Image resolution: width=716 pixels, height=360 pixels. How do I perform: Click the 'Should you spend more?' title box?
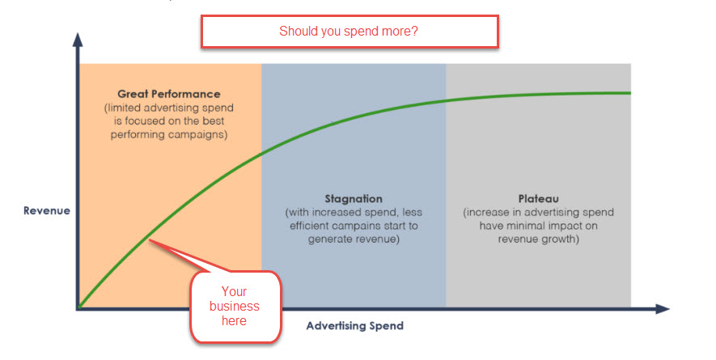pos(350,32)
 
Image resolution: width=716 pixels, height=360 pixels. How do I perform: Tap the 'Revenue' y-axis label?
pos(47,210)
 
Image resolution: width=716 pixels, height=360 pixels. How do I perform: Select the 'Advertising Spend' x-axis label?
pos(355,326)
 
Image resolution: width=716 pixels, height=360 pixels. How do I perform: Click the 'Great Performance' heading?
pos(169,94)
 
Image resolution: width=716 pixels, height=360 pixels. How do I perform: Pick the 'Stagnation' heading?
pos(354,199)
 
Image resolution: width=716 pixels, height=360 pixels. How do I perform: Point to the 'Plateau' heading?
pos(538,199)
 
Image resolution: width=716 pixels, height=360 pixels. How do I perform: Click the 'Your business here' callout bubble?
pos(235,306)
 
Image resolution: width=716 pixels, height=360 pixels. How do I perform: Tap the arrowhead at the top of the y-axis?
pos(78,40)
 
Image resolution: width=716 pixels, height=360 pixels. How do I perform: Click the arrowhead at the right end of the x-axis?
pos(663,309)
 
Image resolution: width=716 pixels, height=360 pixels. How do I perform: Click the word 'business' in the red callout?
pos(235,306)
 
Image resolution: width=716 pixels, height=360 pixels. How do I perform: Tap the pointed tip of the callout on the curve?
pos(150,240)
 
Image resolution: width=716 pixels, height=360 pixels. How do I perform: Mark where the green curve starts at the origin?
pos(79,307)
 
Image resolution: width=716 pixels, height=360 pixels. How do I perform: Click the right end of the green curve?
pos(630,93)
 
